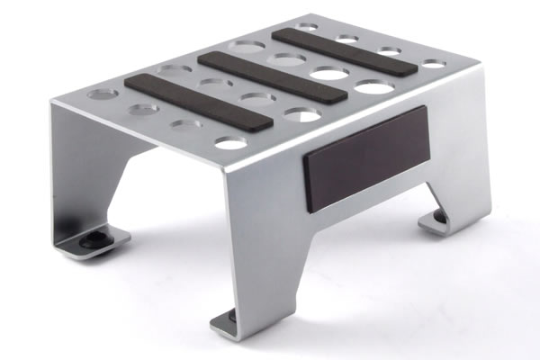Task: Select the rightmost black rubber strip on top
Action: pyautogui.click(x=345, y=51)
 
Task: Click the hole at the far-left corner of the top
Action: pyautogui.click(x=103, y=93)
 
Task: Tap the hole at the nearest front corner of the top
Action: pyautogui.click(x=231, y=143)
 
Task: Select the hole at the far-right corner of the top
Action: pyautogui.click(x=434, y=64)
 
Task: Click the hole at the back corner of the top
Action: pyautogui.click(x=309, y=28)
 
